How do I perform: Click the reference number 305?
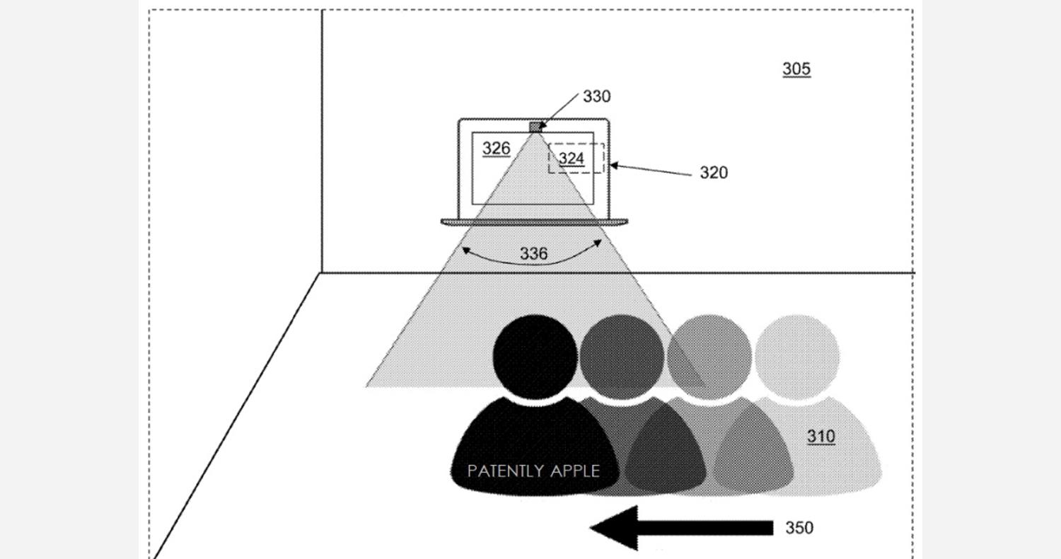coord(796,69)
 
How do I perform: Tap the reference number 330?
coord(596,96)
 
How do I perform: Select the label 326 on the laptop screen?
coord(496,149)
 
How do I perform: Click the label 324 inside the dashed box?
coord(572,159)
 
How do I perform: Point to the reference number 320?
coord(713,173)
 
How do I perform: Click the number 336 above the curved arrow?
coord(533,253)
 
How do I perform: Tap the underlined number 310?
coord(821,436)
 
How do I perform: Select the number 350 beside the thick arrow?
coord(799,528)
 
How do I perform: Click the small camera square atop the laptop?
coord(535,127)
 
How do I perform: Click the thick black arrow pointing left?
coord(682,528)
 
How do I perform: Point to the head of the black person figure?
coord(535,356)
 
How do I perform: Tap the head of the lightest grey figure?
coord(797,356)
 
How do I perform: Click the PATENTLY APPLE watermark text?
coord(533,471)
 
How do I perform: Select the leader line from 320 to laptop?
coord(651,170)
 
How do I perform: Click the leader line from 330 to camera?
coord(559,111)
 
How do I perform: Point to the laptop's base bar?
coord(534,221)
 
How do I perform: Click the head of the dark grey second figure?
coord(622,356)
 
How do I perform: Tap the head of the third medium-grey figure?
coord(709,356)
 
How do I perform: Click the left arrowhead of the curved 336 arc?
coord(466,250)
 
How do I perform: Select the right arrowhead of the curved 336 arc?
coord(598,243)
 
